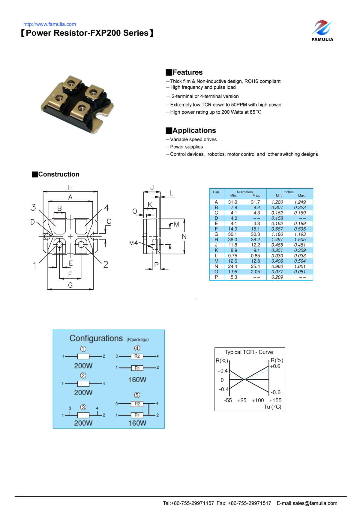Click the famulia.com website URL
49,24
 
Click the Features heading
187,72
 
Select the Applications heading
194,130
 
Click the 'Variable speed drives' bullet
193,139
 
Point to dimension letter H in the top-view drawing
70,187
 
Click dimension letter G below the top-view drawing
70,285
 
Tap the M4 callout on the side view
133,243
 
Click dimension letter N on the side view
184,237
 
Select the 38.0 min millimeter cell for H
232,240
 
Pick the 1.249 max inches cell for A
300,202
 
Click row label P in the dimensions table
216,277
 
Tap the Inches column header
288,192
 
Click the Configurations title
96,338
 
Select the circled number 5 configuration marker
137,395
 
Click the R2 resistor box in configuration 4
137,356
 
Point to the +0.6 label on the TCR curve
275,366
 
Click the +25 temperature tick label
241,400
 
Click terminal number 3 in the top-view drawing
33,207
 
